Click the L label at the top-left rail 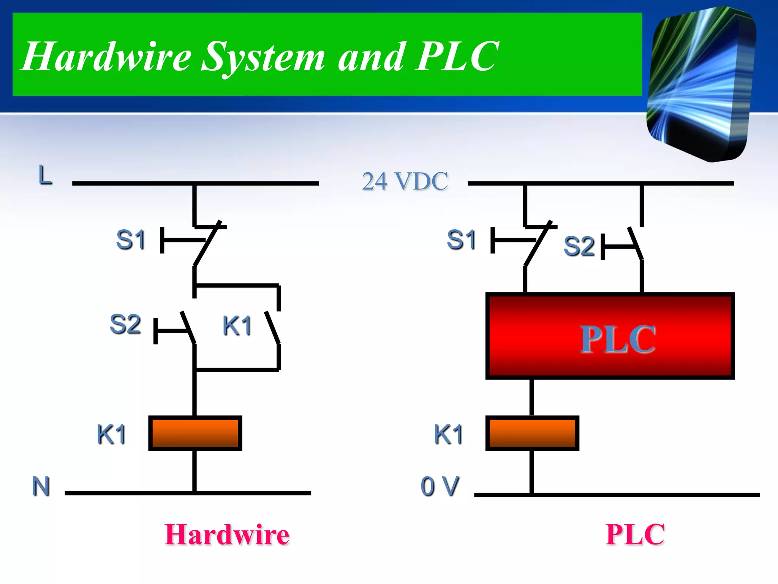[45, 175]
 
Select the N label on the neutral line [41, 486]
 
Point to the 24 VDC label [405, 181]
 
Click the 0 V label [440, 486]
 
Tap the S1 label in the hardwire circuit [131, 240]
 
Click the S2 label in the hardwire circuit [125, 324]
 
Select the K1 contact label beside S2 [237, 326]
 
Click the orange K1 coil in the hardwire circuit [195, 433]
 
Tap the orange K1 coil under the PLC [532, 433]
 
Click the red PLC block [610, 336]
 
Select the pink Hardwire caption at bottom [227, 535]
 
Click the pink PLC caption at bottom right [635, 535]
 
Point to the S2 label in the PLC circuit [579, 246]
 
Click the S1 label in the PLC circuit [461, 240]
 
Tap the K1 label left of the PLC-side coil [448, 434]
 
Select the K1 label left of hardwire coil [111, 434]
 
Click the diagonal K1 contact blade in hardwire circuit [272, 328]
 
